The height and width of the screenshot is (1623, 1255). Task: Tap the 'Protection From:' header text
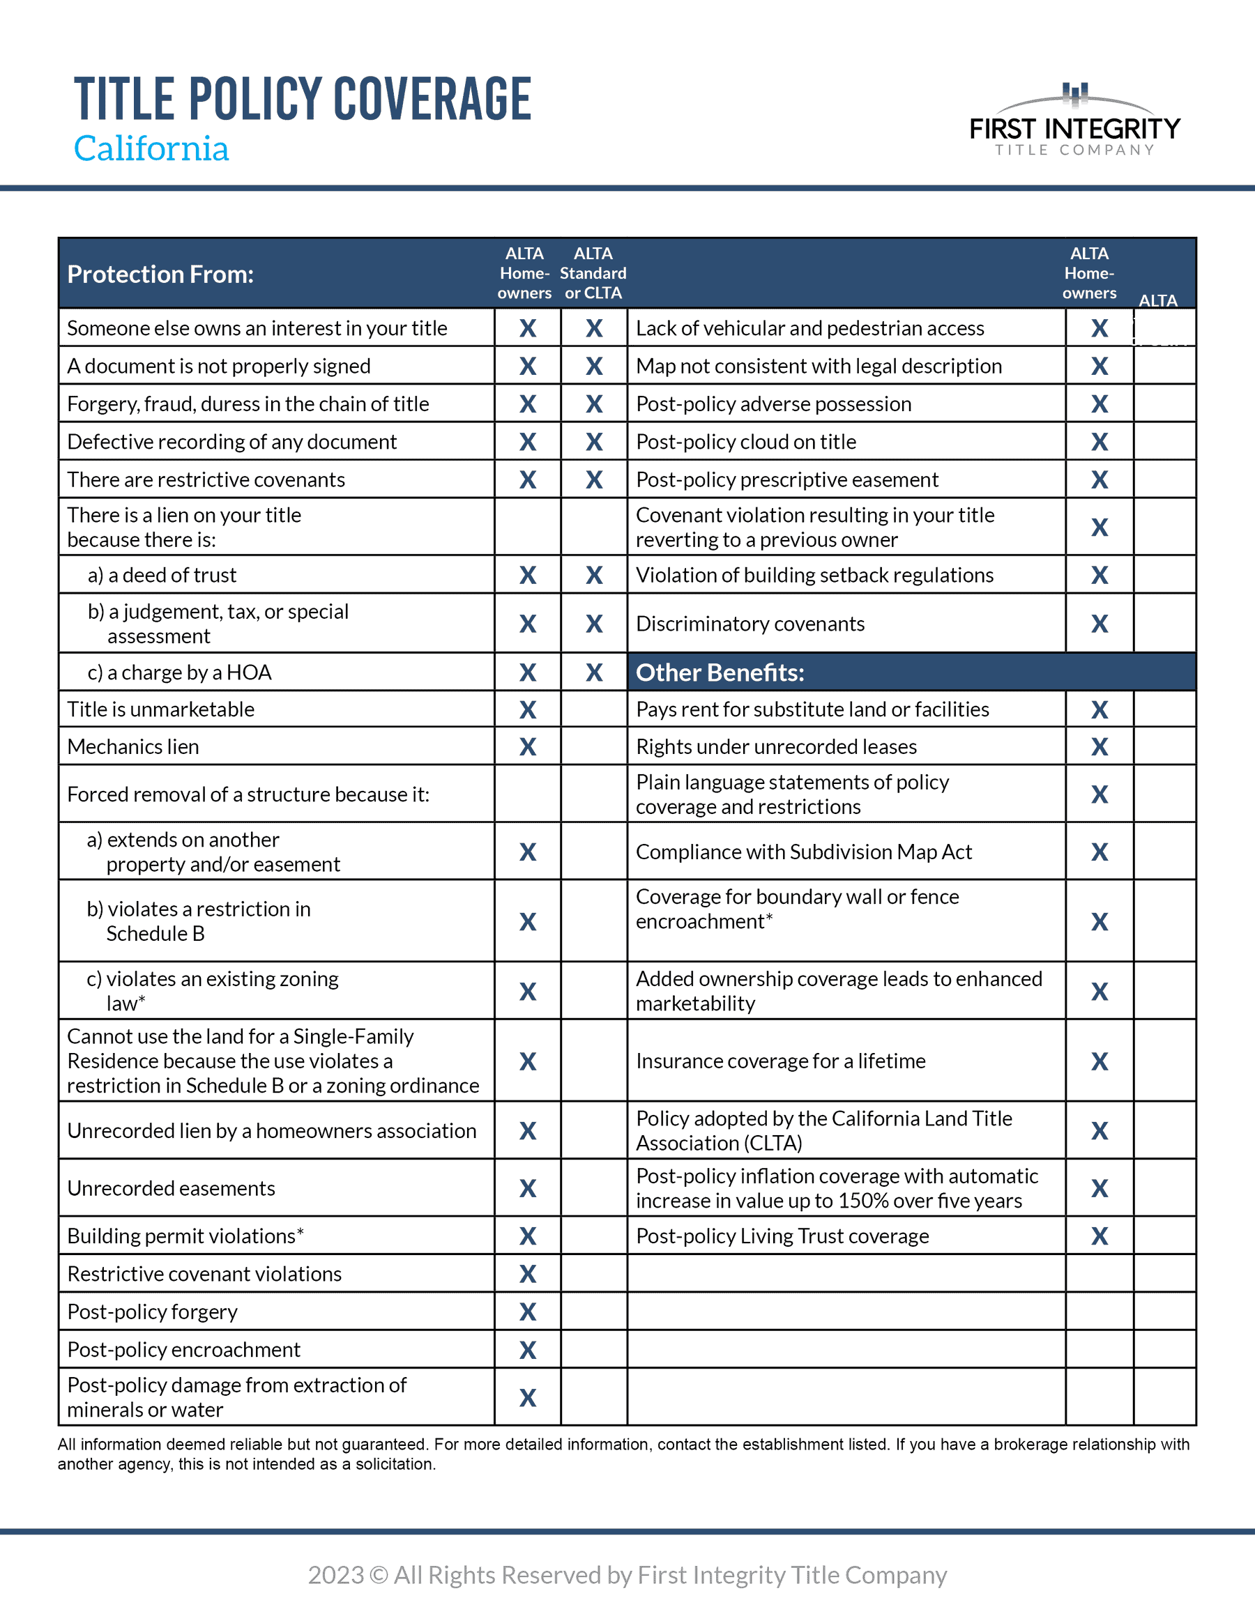tap(160, 274)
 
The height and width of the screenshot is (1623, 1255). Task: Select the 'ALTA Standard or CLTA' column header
tap(593, 273)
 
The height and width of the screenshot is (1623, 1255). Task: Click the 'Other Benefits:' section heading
tap(720, 672)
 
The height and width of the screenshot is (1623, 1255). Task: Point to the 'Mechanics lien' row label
tap(133, 746)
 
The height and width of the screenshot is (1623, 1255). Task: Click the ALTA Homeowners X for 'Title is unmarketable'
tap(528, 709)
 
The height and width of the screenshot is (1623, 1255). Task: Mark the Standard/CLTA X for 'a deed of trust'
tap(594, 575)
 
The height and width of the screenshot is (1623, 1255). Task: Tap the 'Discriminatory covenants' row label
tap(750, 624)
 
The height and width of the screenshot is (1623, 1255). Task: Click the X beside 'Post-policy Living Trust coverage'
tap(1100, 1236)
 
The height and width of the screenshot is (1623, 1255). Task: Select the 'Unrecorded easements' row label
tap(171, 1188)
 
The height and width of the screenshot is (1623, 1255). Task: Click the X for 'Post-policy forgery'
tap(528, 1312)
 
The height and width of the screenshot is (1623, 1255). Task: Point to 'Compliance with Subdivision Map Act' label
tap(804, 852)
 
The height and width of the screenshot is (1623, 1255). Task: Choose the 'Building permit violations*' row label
tap(185, 1236)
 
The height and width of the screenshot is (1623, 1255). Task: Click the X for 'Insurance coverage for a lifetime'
tap(1100, 1061)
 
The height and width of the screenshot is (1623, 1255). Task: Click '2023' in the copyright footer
tap(336, 1575)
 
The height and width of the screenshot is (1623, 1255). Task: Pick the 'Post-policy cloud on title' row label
tap(746, 443)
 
